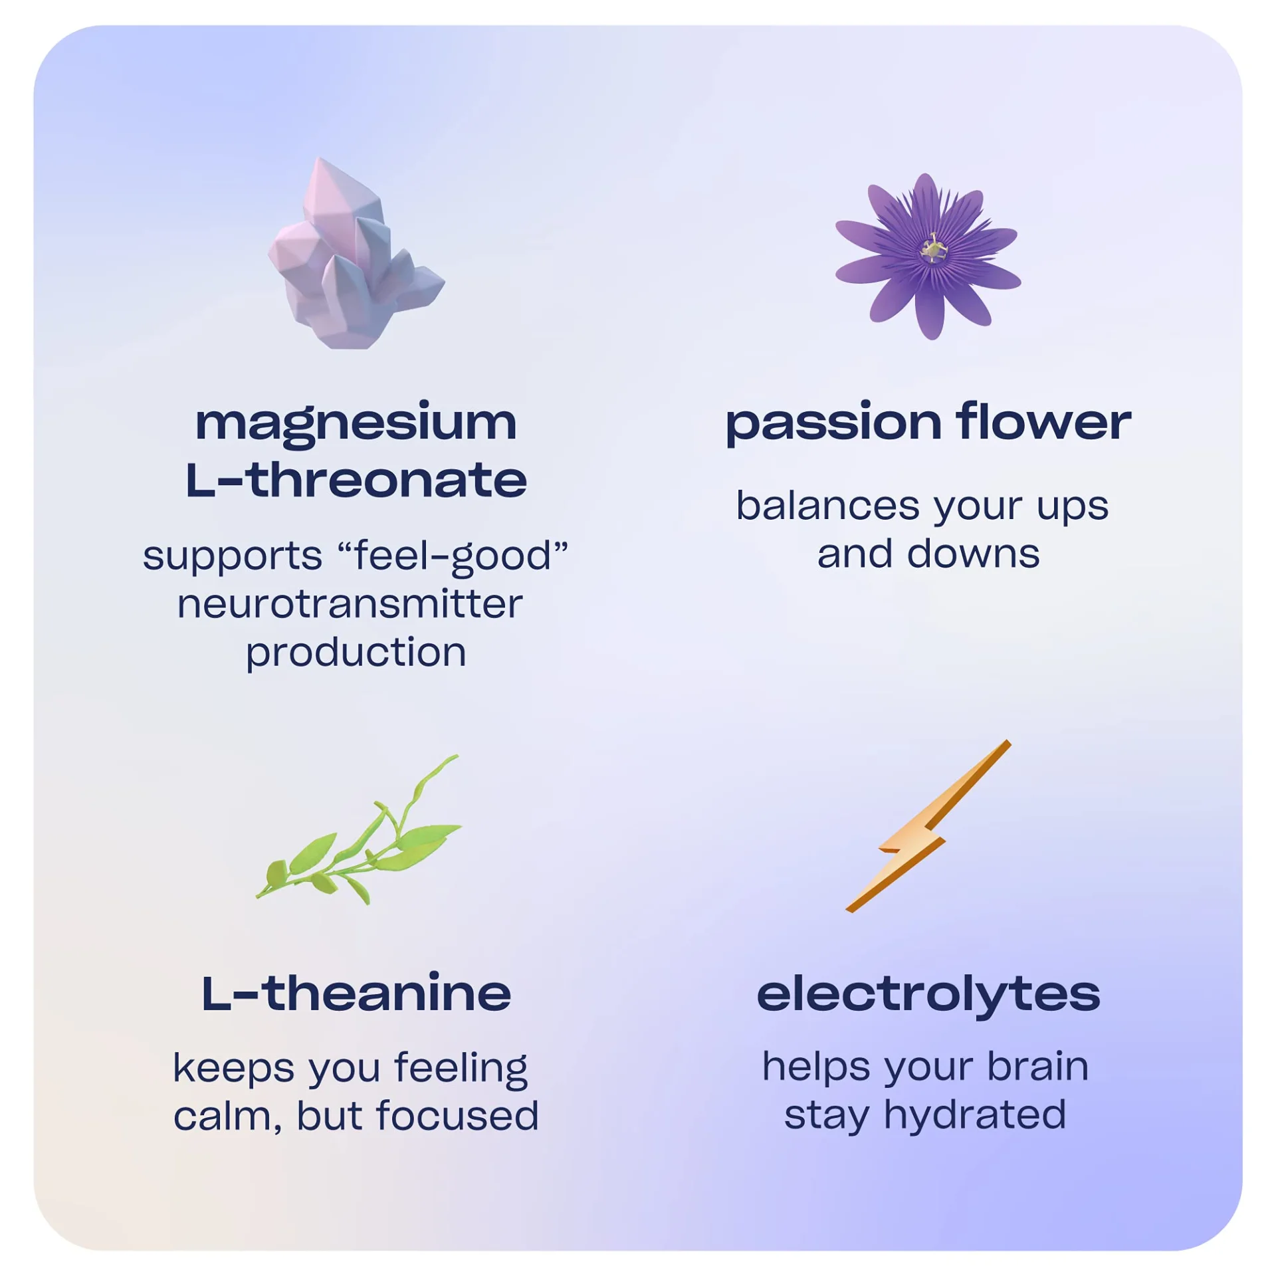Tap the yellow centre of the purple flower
[933, 249]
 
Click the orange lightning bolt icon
[928, 826]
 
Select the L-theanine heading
[356, 994]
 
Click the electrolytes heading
[928, 996]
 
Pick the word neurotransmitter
[350, 604]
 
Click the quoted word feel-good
[453, 556]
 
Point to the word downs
[974, 554]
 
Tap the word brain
[1038, 1067]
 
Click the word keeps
[233, 1069]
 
